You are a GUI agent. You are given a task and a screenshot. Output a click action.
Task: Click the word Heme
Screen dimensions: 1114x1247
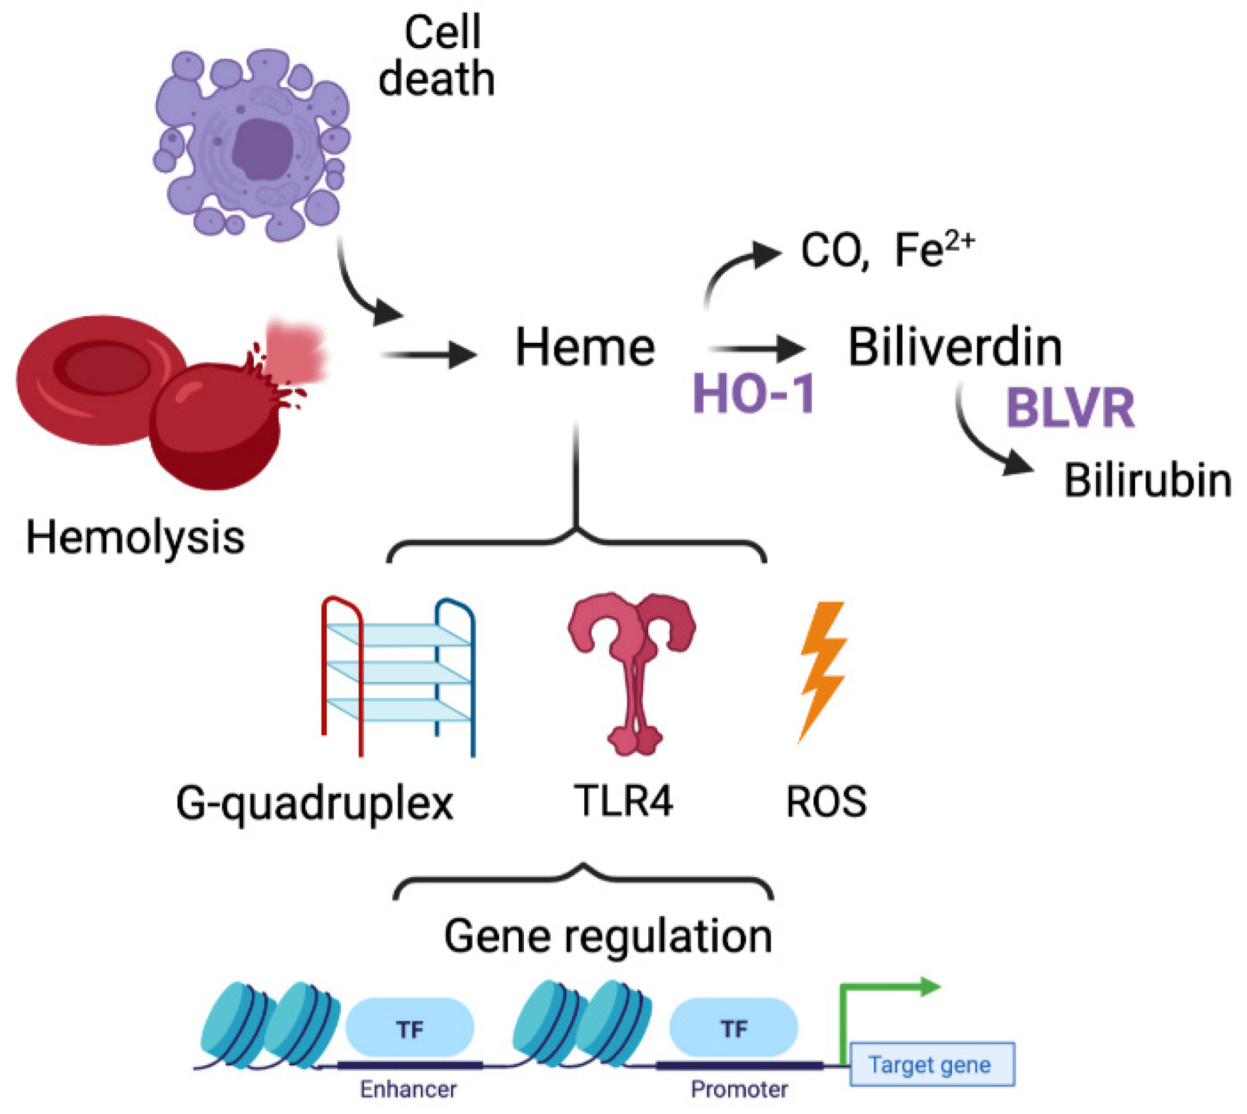pos(584,347)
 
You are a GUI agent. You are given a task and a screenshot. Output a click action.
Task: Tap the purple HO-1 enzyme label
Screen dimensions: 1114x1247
pos(753,394)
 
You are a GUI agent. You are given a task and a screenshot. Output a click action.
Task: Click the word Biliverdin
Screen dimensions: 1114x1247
pos(954,347)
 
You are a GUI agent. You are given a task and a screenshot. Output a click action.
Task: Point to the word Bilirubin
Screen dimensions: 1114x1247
pos(1147,480)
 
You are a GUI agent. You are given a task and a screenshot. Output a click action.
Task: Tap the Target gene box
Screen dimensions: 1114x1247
pos(931,1065)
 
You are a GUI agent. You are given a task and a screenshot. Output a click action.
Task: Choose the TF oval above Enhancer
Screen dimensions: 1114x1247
pos(409,1029)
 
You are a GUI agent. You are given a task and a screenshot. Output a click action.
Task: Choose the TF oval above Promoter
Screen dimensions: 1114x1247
pos(733,1028)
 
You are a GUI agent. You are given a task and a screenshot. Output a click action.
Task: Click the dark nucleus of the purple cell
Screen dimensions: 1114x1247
pos(263,148)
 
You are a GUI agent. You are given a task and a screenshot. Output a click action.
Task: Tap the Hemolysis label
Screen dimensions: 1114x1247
pos(135,537)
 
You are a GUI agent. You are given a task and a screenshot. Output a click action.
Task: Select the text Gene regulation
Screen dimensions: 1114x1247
pos(608,936)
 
